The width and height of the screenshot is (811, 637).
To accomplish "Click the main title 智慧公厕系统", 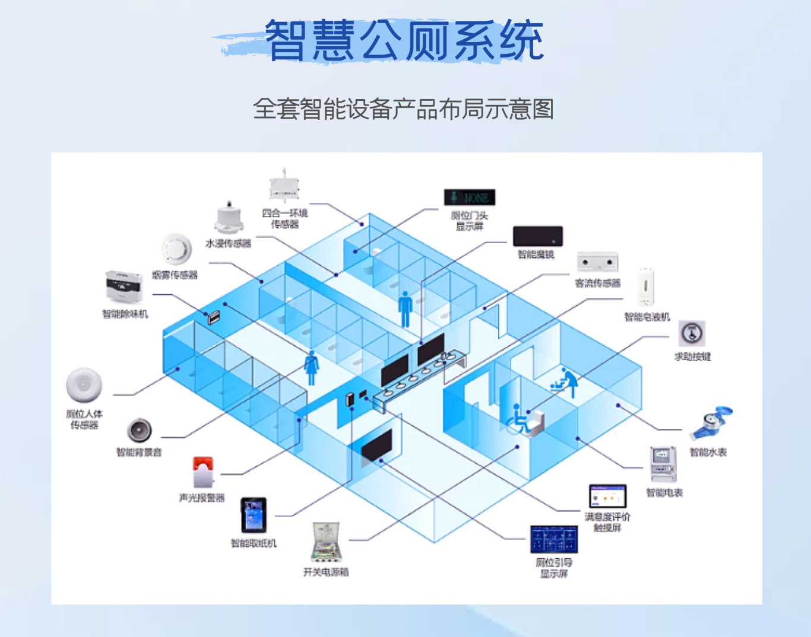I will (x=404, y=40).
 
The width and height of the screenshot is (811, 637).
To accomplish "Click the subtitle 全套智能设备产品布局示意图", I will (x=404, y=109).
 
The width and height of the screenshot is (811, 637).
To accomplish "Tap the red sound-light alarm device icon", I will (x=203, y=472).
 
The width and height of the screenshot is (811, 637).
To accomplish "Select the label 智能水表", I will (x=708, y=453).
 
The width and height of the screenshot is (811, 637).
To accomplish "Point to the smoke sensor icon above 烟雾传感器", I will (x=176, y=249).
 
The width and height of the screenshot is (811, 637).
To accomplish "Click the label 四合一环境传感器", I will (x=285, y=219).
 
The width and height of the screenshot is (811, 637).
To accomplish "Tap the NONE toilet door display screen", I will (x=469, y=198).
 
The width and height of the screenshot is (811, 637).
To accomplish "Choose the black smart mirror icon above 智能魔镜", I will (x=537, y=236).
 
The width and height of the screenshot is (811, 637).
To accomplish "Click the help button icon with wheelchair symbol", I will (x=692, y=334).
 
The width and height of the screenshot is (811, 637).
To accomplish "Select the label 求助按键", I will (x=692, y=356).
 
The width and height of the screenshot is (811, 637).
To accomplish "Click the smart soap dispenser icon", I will (x=646, y=288).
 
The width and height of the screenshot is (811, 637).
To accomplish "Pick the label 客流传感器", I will (x=597, y=284).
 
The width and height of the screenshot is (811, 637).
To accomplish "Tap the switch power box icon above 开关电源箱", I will (x=326, y=542).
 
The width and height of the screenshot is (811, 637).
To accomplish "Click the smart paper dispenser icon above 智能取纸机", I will (x=254, y=515).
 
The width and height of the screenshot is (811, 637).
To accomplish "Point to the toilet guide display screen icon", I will (x=553, y=539).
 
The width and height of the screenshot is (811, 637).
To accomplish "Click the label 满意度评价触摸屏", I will (x=607, y=522).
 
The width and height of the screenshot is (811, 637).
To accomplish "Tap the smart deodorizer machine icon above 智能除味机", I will (x=124, y=287).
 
